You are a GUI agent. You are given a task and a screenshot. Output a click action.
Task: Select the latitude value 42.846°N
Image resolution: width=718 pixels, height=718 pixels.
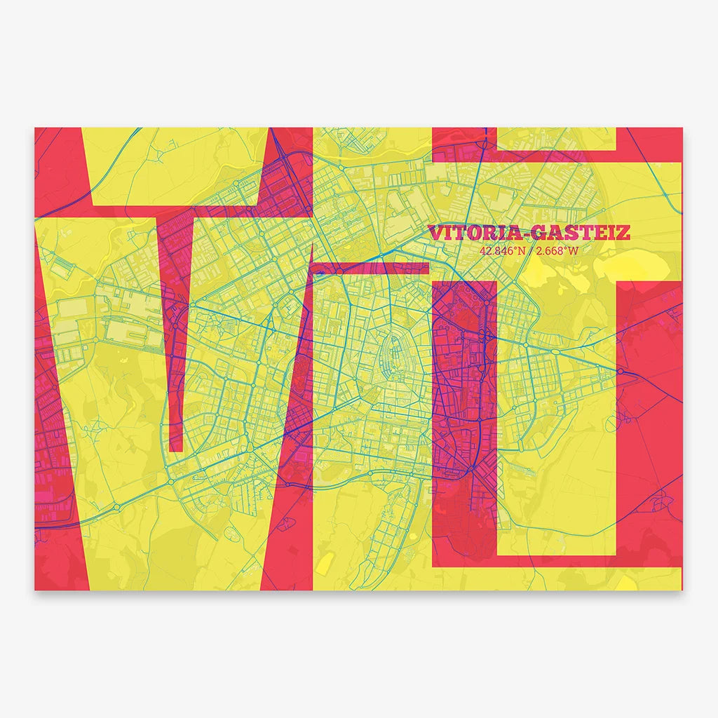point(502,250)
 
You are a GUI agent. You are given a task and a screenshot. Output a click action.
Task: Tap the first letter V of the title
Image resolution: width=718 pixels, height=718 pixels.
point(435,232)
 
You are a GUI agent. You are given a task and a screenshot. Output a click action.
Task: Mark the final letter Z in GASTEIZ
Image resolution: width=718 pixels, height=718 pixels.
point(623,232)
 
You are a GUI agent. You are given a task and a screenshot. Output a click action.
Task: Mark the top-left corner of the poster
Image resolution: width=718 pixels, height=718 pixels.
point(35,128)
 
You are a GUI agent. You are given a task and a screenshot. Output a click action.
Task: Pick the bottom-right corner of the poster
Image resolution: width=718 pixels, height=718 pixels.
point(682,590)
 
